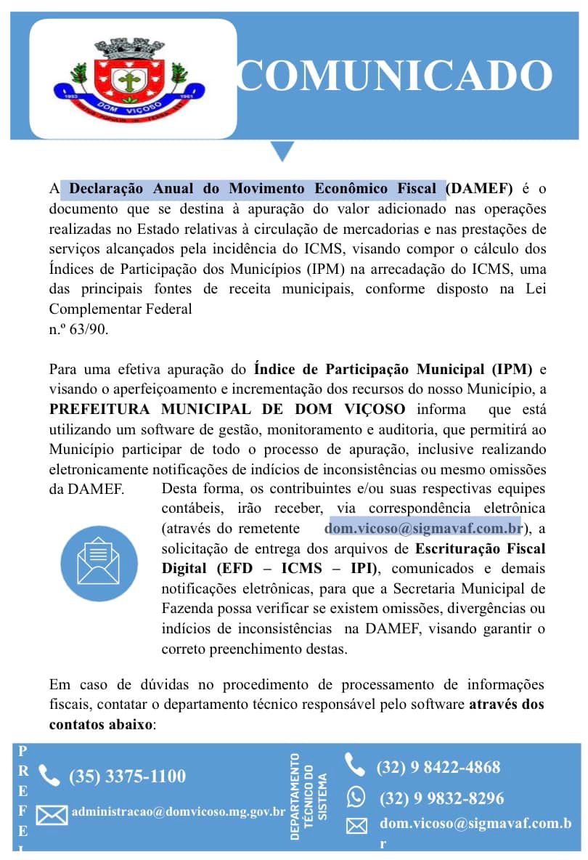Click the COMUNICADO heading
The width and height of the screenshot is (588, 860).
pyautogui.click(x=396, y=76)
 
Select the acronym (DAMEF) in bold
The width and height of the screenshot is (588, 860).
pyautogui.click(x=479, y=189)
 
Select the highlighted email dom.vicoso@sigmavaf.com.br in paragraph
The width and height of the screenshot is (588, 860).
pyautogui.click(x=423, y=527)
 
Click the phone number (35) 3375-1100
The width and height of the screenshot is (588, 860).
pyautogui.click(x=127, y=776)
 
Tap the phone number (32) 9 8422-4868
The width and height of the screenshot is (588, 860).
pyautogui.click(x=438, y=767)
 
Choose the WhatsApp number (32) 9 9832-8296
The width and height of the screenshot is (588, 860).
pyautogui.click(x=441, y=799)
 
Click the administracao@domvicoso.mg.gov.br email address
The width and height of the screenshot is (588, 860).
pyautogui.click(x=178, y=811)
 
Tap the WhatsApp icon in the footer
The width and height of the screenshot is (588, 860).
pyautogui.click(x=356, y=798)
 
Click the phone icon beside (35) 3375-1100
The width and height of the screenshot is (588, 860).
pyautogui.click(x=49, y=776)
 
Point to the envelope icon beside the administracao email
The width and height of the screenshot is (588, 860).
pyautogui.click(x=52, y=815)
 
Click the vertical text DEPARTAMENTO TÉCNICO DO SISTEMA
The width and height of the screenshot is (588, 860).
pyautogui.click(x=308, y=796)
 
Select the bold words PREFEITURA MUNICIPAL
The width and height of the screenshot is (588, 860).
pyautogui.click(x=168, y=408)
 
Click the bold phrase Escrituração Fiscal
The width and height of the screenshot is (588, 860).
pyautogui.click(x=480, y=547)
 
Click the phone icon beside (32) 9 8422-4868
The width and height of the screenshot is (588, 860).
pyautogui.click(x=354, y=765)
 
